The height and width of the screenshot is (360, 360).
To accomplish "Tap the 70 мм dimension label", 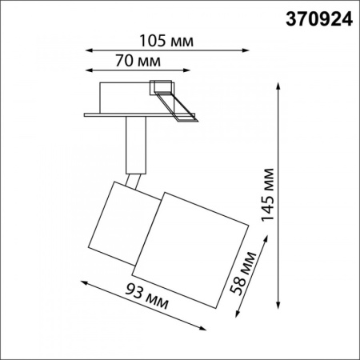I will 137,60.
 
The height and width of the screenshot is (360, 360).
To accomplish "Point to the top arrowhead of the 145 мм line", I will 279,83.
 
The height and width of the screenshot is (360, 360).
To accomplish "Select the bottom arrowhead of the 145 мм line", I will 279,314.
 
